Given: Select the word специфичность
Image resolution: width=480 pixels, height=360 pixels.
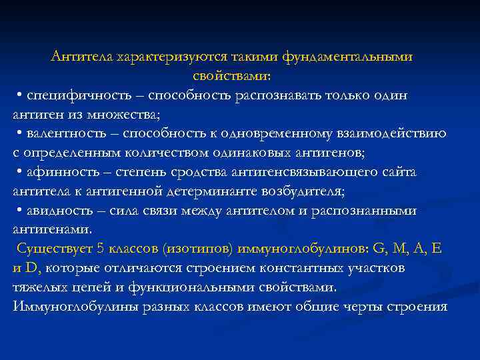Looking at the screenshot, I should click(x=67, y=95).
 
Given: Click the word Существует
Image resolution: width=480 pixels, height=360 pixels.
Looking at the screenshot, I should click(x=51, y=249).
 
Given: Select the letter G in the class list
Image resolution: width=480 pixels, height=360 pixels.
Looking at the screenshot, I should click(x=379, y=249).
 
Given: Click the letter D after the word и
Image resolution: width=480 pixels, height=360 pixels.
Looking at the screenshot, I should click(x=30, y=269).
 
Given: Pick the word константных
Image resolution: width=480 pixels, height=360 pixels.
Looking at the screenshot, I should click(x=313, y=269).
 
